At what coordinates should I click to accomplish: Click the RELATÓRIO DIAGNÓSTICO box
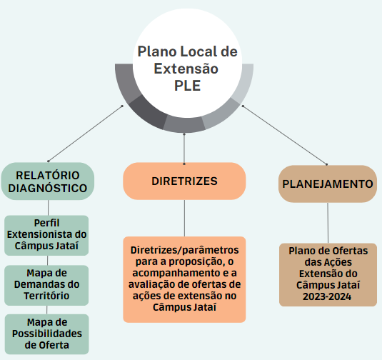coord(48,181)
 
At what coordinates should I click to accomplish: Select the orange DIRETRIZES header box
coord(184,181)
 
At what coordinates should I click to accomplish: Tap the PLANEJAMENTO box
coord(328,184)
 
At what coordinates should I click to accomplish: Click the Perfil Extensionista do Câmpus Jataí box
coord(46,236)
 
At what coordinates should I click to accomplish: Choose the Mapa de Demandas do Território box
coord(46,286)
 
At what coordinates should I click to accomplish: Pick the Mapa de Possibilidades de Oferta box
coord(47,334)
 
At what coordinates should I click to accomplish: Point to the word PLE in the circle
coord(187,86)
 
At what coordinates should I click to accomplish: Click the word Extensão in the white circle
coord(186,69)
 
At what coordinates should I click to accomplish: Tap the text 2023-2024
coord(327,296)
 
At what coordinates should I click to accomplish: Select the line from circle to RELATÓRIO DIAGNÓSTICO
coord(85,134)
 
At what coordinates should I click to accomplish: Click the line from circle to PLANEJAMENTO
coord(285,135)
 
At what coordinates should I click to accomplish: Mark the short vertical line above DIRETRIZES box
coord(184,149)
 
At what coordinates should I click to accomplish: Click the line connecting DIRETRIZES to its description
coord(184,218)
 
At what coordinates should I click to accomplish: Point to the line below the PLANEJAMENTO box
coord(328,223)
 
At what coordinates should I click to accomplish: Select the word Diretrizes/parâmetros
coord(185,250)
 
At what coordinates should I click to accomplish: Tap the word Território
coord(46,296)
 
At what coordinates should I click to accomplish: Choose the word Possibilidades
coord(47,334)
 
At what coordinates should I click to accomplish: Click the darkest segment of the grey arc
coord(147,113)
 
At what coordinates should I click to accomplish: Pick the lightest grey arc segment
coord(244,83)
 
